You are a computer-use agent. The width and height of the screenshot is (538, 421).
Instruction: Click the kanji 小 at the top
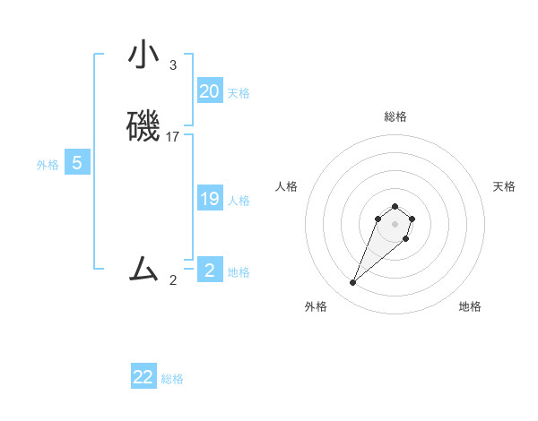tap(144, 55)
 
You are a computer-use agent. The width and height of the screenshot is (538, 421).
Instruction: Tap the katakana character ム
tap(144, 268)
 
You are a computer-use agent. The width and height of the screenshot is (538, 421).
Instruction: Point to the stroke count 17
tap(173, 137)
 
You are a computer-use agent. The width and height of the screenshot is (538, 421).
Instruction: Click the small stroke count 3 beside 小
tap(173, 64)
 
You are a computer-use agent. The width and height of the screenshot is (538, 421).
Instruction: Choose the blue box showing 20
tap(210, 91)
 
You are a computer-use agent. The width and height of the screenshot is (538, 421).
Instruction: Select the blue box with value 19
tap(210, 199)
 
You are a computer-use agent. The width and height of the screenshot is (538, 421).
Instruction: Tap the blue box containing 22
tap(143, 377)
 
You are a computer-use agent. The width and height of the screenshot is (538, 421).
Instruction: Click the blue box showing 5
tap(77, 163)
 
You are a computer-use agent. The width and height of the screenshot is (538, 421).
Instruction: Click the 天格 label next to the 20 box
tap(239, 93)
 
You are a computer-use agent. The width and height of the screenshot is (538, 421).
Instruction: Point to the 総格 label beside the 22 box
tap(172, 379)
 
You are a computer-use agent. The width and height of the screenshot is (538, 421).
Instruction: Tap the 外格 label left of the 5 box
tap(48, 165)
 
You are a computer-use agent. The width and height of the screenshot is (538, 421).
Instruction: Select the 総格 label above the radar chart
tap(395, 116)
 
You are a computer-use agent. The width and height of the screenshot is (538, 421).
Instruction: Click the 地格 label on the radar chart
tap(470, 306)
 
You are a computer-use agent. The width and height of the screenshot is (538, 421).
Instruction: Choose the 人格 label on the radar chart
tap(287, 186)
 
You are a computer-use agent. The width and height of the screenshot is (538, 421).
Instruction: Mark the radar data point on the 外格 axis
tap(353, 282)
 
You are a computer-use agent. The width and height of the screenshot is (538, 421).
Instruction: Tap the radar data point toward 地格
tap(406, 238)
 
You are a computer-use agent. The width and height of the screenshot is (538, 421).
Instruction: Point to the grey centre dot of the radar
tap(395, 223)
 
